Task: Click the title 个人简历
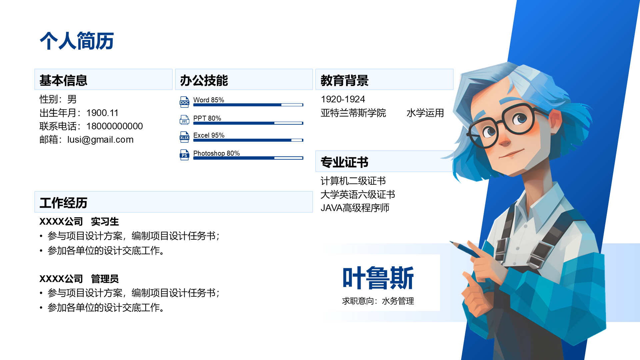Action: coord(77,41)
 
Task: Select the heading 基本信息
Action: coord(63,80)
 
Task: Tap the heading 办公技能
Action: coord(204,80)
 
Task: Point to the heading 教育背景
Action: coord(345,80)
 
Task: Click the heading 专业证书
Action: coord(345,162)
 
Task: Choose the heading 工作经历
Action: coord(63,203)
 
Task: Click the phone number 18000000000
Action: coord(115,126)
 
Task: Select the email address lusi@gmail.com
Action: coord(100,140)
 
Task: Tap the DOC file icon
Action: coord(184,102)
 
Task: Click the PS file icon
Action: coord(184,155)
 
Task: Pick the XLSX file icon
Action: coord(184,137)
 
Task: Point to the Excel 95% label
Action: coord(209,135)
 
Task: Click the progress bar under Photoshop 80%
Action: coord(248,158)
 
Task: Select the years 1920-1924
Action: coord(343,99)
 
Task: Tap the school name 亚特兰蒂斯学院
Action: coord(353,113)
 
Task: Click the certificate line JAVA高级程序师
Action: coord(355,208)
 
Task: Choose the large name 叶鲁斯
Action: coord(378,278)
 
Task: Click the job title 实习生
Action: coord(105,222)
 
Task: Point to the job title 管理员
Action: coord(105,279)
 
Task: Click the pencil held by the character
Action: coord(465,249)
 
